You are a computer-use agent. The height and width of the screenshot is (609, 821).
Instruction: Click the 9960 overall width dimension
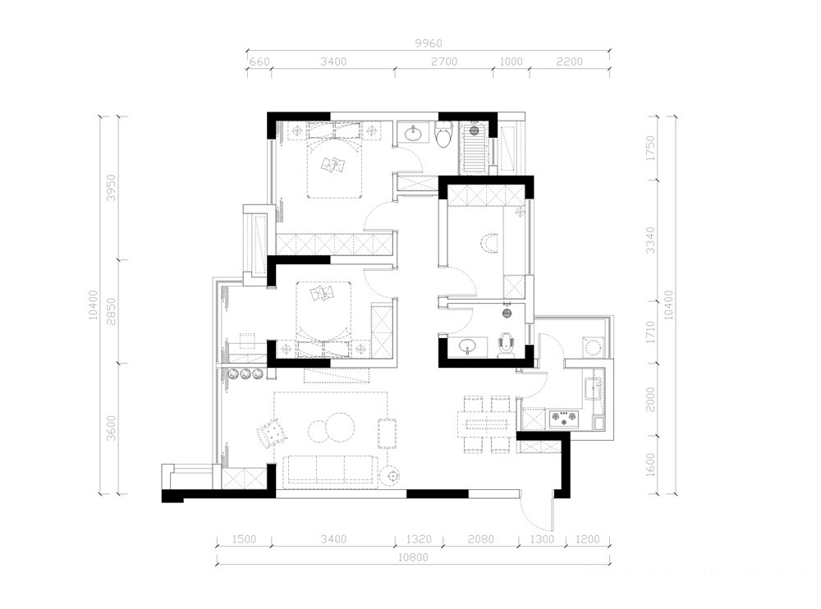[429, 43]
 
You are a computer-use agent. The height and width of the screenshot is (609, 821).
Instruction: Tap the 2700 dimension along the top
[444, 62]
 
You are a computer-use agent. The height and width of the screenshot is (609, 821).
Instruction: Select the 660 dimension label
[259, 62]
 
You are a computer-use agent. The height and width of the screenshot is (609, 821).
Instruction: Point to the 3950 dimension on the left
[111, 188]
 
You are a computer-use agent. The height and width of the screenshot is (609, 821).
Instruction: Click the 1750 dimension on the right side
[650, 149]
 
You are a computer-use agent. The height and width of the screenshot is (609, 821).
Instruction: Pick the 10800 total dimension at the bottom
[414, 557]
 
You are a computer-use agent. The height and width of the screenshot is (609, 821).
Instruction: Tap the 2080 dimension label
[480, 539]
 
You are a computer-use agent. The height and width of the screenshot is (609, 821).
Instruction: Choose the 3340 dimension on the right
[650, 240]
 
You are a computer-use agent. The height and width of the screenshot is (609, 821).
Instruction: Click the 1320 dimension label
[419, 539]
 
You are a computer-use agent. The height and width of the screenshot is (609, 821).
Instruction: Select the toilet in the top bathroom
[444, 133]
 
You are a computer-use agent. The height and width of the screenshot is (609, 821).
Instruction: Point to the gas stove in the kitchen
[564, 418]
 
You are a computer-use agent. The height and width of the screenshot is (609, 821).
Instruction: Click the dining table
[486, 424]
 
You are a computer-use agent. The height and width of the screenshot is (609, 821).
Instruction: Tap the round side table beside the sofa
[390, 476]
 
